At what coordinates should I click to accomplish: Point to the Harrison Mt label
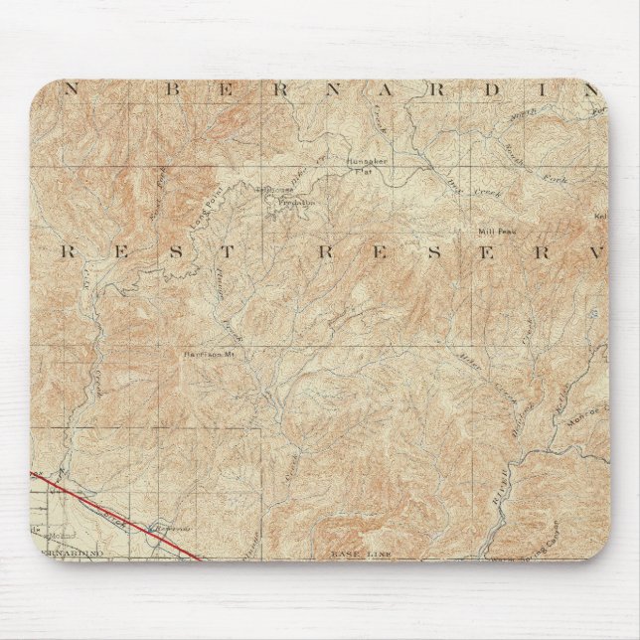tap(206, 352)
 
